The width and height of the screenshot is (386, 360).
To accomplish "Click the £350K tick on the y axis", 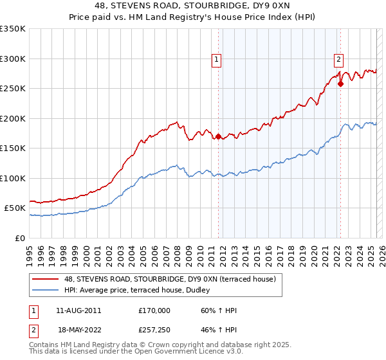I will (x=13, y=29).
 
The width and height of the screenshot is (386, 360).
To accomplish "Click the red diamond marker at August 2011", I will (x=218, y=136).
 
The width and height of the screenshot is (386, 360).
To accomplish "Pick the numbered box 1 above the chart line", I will (x=216, y=60).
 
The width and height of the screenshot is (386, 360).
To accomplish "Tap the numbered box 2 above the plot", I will (x=338, y=60).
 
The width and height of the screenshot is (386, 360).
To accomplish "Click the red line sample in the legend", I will (x=45, y=279).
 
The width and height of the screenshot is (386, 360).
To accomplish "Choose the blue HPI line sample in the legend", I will (x=45, y=291).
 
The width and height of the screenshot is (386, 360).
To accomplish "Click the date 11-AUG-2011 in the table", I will (x=78, y=310).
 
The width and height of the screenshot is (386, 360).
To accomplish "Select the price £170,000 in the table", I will (x=154, y=310).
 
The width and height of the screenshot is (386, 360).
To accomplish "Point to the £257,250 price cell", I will (x=154, y=329).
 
